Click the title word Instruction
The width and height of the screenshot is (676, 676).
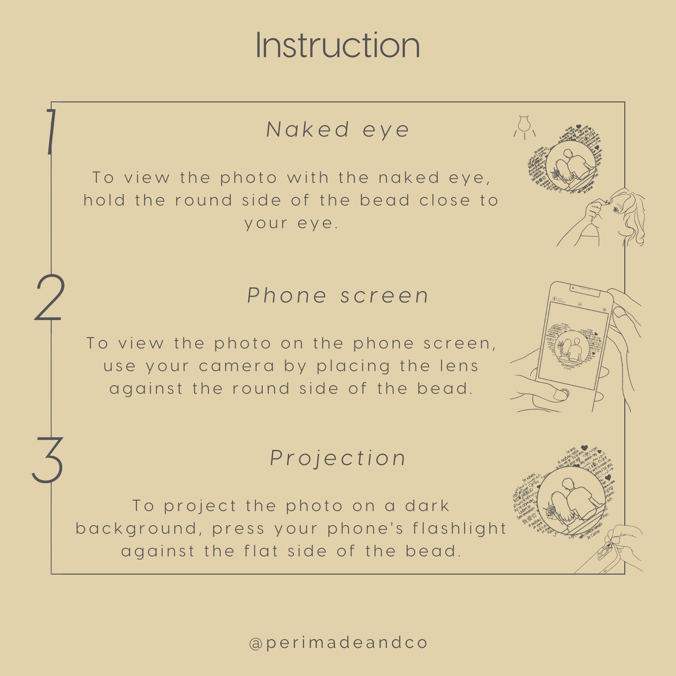pyautogui.click(x=338, y=46)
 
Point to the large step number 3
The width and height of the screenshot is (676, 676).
pyautogui.click(x=48, y=460)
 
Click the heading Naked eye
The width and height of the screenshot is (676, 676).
pyautogui.click(x=338, y=129)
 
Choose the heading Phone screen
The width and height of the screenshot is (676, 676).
pyautogui.click(x=338, y=296)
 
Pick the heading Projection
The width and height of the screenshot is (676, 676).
pyautogui.click(x=338, y=458)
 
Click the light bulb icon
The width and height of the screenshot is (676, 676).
pyautogui.click(x=524, y=126)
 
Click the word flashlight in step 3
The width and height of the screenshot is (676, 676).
pyautogui.click(x=460, y=528)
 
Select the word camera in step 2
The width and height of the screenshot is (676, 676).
pyautogui.click(x=237, y=366)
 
